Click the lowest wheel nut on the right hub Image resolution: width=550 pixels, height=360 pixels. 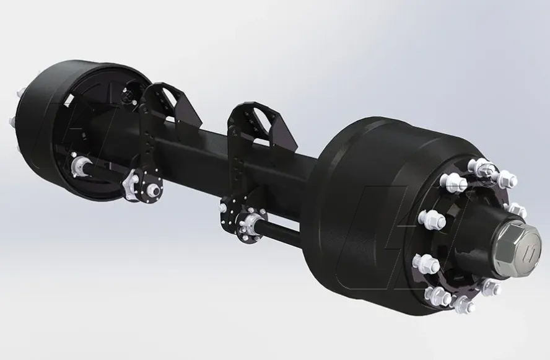(x=461, y=304)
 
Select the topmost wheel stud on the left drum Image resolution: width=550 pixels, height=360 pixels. (x=18, y=96)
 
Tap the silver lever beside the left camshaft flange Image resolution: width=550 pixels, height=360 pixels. (x=131, y=184)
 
